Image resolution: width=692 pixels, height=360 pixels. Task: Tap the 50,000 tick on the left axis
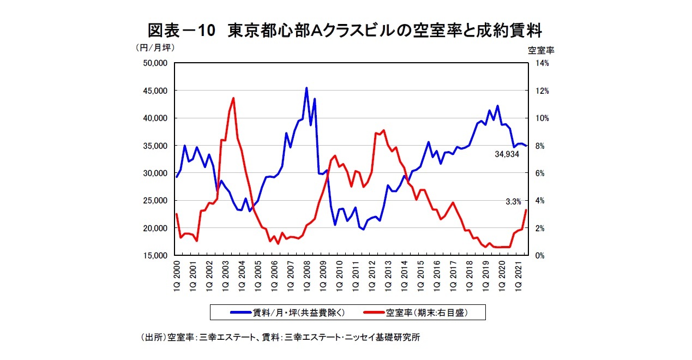coord(154,63)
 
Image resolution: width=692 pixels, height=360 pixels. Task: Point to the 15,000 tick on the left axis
coord(154,255)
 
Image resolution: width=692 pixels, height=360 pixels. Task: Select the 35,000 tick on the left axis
coord(154,146)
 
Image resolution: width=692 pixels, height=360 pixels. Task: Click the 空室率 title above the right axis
coord(540,50)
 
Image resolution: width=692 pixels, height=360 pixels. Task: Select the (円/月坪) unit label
coord(154,47)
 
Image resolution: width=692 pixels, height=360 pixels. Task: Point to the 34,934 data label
coord(507,154)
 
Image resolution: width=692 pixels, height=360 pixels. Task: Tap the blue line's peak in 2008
coord(306,88)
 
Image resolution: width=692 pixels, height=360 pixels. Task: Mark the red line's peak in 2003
coord(233,98)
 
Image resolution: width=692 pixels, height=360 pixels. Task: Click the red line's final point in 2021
coord(526,210)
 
